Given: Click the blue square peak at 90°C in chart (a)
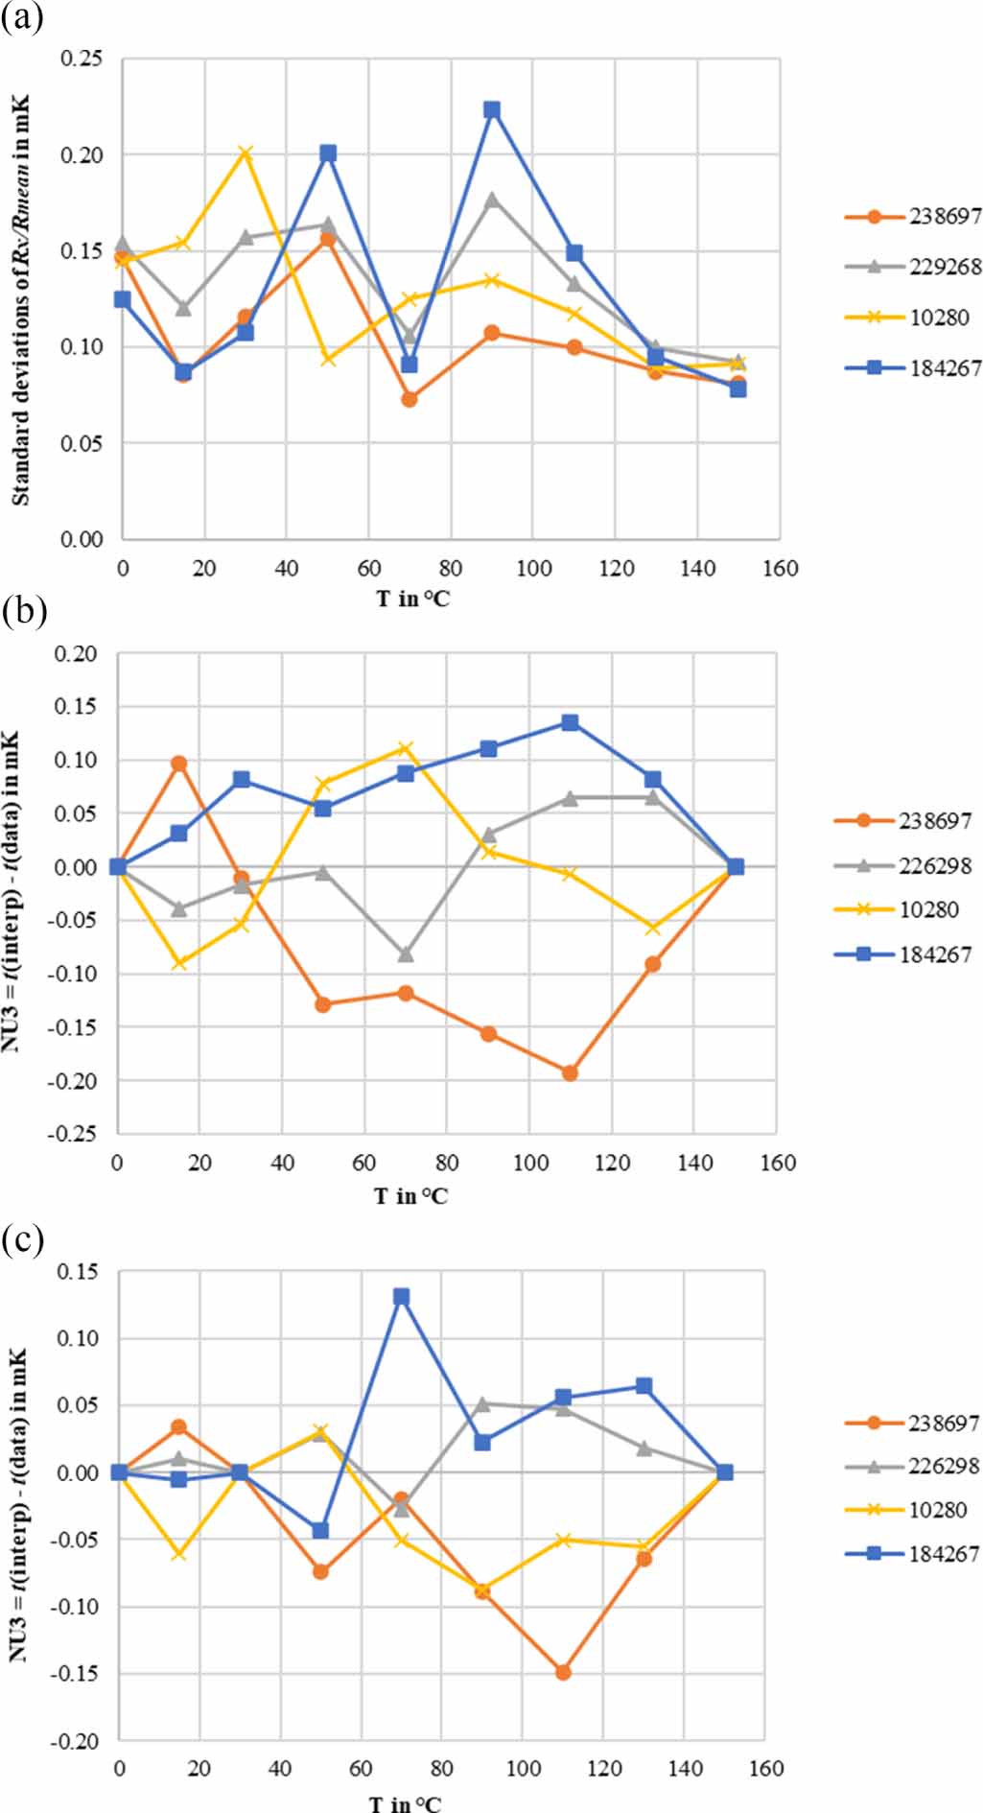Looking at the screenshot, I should pyautogui.click(x=492, y=109).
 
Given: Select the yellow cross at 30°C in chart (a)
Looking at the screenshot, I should pyautogui.click(x=246, y=153).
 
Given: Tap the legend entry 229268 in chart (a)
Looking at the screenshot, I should pyautogui.click(x=945, y=267).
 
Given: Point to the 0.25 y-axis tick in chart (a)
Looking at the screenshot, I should pyautogui.click(x=82, y=59).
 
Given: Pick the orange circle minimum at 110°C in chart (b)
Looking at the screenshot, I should pyautogui.click(x=570, y=1072).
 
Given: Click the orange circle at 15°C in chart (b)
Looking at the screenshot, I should pyautogui.click(x=178, y=764).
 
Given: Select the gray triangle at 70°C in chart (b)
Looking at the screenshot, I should pyautogui.click(x=406, y=954).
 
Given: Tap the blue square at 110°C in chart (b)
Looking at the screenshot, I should pyautogui.click(x=570, y=722).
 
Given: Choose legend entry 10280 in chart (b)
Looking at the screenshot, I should pyautogui.click(x=928, y=909).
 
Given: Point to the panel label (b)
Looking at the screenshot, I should pyautogui.click(x=23, y=610).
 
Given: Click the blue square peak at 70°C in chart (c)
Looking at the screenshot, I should pyautogui.click(x=402, y=1297).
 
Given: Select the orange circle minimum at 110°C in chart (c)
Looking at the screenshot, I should pyautogui.click(x=564, y=1672).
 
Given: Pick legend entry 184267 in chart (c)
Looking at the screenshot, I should pyautogui.click(x=944, y=1553).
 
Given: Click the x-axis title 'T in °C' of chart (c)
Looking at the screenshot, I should pyautogui.click(x=407, y=1802).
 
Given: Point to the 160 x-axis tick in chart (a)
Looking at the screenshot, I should pyautogui.click(x=781, y=569).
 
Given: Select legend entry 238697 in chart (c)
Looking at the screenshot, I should pyautogui.click(x=944, y=1423).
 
